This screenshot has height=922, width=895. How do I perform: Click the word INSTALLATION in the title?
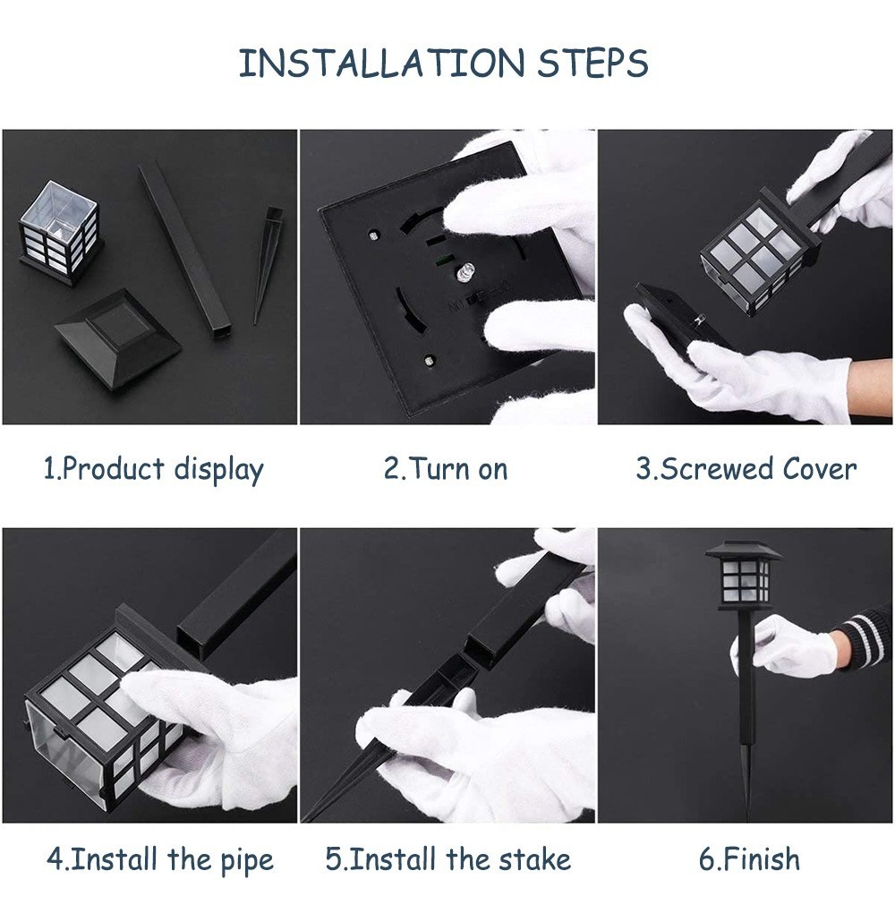point(381,63)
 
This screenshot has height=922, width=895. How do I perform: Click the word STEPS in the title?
point(592,63)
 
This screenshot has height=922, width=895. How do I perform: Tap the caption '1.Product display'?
point(154,470)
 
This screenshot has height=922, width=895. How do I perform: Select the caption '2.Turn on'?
point(446,469)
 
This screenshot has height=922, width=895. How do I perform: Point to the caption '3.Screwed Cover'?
point(746,469)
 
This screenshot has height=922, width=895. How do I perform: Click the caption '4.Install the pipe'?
point(160,860)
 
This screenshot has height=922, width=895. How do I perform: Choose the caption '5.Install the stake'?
point(448,859)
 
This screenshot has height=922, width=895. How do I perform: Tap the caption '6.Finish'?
point(749,859)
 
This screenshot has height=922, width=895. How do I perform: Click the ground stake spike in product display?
point(266,265)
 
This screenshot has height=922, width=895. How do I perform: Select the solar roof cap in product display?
point(117,333)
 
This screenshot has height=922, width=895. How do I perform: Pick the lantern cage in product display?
point(59,233)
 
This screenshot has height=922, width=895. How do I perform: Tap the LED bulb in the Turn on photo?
point(465,272)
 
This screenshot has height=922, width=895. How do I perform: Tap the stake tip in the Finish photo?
point(747,815)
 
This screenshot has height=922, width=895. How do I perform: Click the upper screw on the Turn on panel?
point(373,235)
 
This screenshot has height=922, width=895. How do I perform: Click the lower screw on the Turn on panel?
point(430,360)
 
